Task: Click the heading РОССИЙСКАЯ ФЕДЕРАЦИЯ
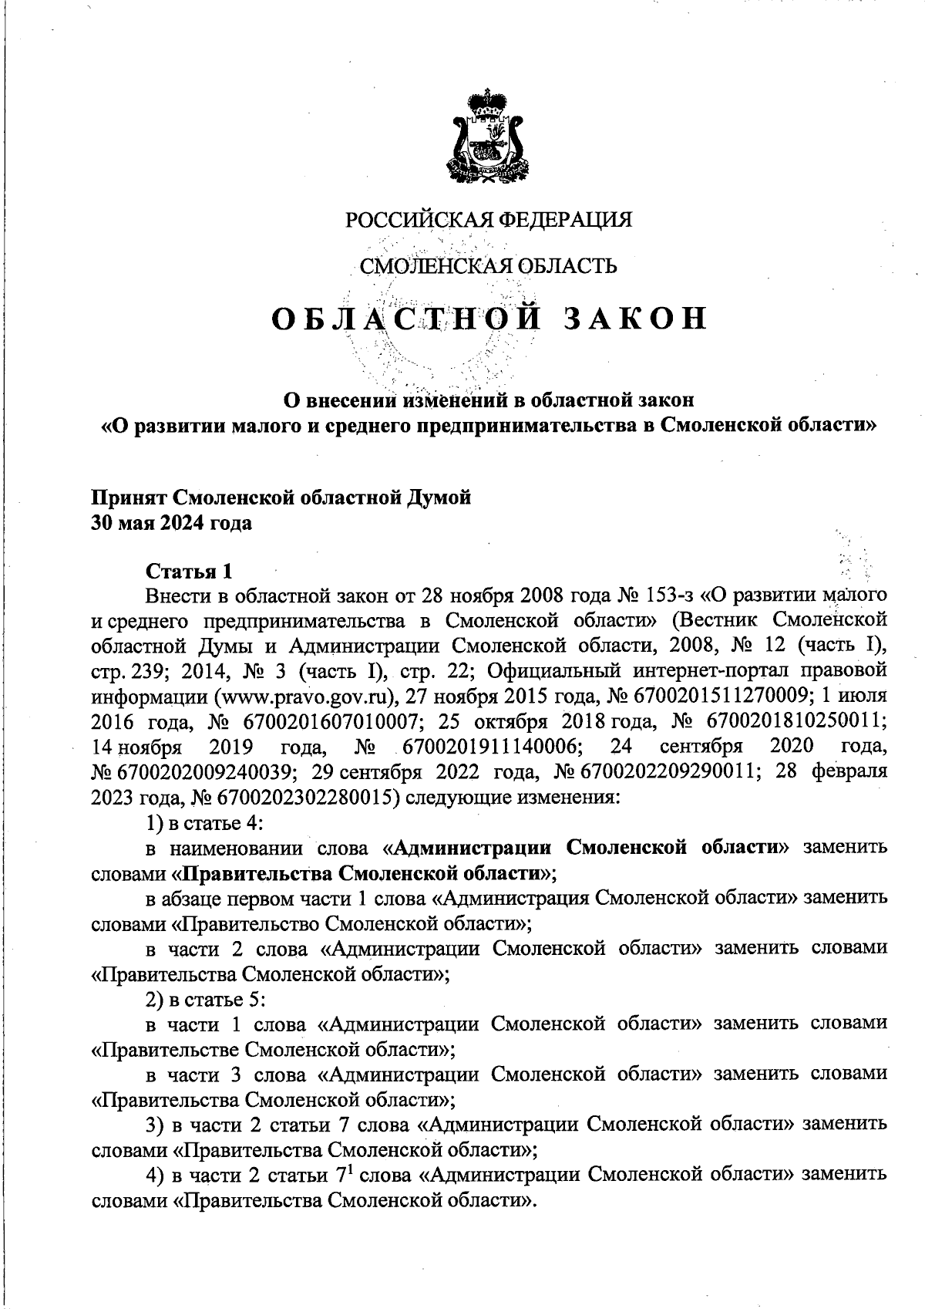pyautogui.click(x=488, y=220)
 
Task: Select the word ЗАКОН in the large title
pyautogui.click(x=634, y=318)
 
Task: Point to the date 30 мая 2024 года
pyautogui.click(x=172, y=523)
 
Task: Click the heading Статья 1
pyautogui.click(x=188, y=572)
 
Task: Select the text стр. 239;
pyautogui.click(x=126, y=670)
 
